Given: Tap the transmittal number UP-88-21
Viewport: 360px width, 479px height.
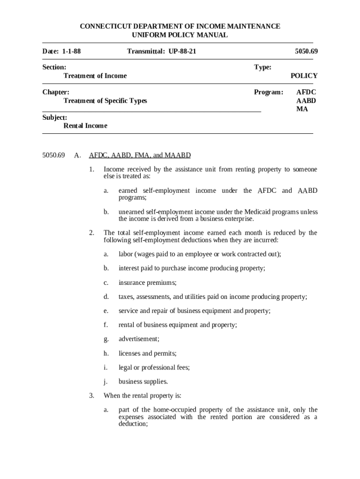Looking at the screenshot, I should [179, 51].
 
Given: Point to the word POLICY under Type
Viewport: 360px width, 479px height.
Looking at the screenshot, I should [304, 76].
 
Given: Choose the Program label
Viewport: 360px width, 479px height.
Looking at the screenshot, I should [268, 92].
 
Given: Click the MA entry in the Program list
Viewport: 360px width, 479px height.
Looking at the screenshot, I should [302, 109].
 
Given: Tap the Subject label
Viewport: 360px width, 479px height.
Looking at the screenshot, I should [55, 117].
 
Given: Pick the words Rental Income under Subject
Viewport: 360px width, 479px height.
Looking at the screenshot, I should [85, 126].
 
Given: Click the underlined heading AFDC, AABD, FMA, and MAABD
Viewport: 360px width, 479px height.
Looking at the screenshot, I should [140, 155].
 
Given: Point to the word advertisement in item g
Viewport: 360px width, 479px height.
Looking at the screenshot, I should [139, 339].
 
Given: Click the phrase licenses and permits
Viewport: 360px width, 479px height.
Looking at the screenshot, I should [147, 353].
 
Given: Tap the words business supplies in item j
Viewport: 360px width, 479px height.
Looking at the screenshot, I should [143, 381].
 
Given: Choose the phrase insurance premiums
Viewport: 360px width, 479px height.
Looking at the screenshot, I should [147, 283].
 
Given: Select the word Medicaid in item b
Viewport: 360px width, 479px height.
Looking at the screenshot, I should [257, 212].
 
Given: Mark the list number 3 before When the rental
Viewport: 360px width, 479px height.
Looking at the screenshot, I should [92, 396].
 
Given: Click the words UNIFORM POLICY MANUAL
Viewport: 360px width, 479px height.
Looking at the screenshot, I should [180, 35].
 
